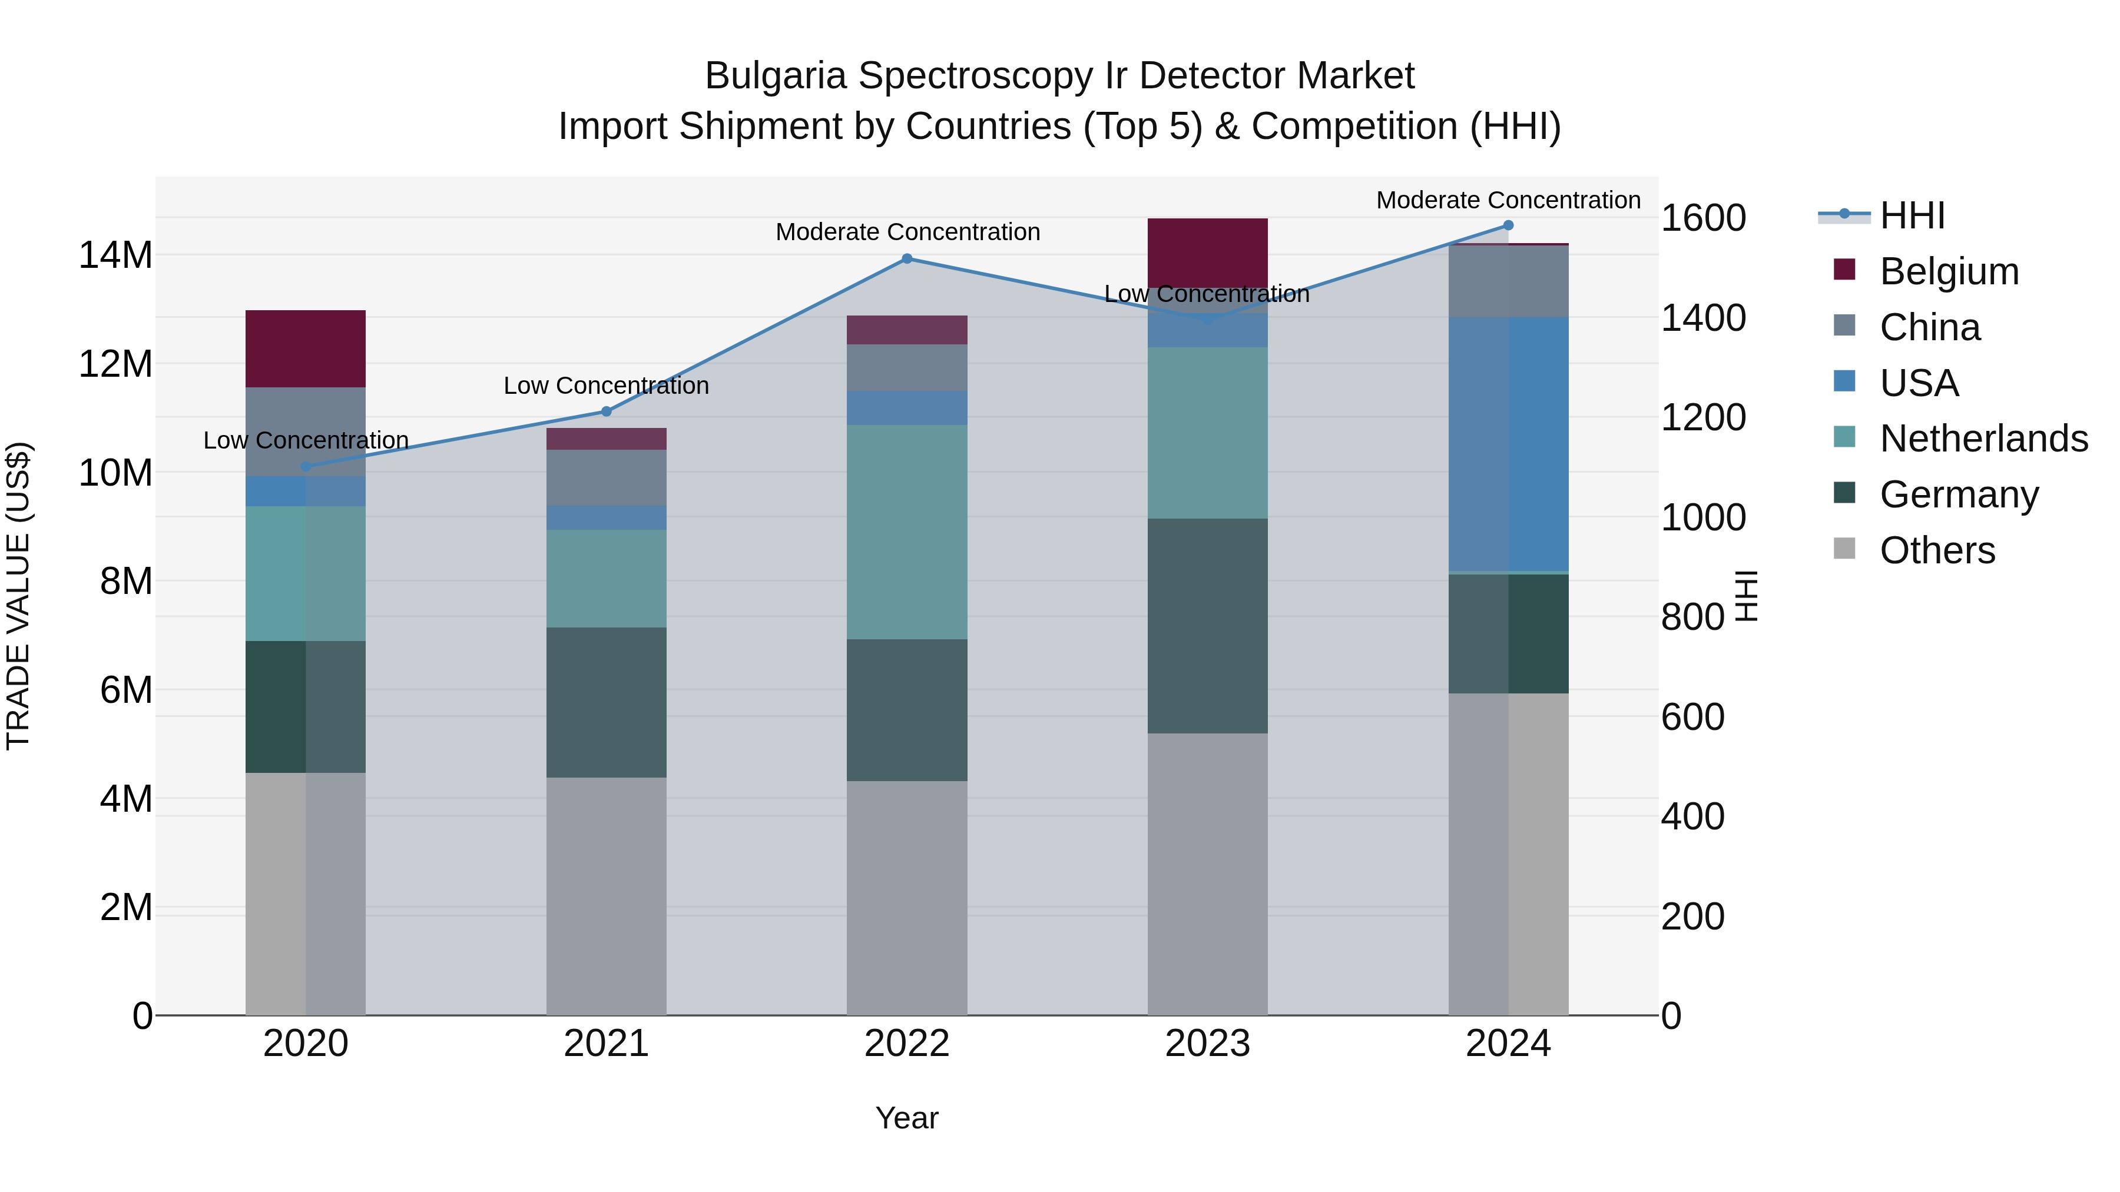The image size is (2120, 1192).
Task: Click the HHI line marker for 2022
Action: coord(907,258)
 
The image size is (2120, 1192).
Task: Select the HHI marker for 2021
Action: coord(607,411)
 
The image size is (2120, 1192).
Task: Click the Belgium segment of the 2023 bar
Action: coord(1207,251)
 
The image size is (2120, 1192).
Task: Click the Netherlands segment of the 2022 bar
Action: coord(907,532)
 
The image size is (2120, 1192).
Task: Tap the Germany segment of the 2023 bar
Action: coord(1207,625)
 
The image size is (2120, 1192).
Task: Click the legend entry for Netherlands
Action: coord(1983,439)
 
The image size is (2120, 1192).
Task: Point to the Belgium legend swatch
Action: coord(1844,270)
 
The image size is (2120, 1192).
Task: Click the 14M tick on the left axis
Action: coord(115,255)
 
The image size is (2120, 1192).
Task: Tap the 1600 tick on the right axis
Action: coord(1702,218)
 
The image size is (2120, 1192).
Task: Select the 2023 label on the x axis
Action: coord(1207,1044)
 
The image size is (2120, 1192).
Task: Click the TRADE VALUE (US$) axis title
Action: coord(18,596)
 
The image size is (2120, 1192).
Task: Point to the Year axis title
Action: coord(907,1118)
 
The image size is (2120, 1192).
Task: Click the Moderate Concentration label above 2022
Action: coord(907,232)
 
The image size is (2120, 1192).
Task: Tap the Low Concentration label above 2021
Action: coord(607,385)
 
